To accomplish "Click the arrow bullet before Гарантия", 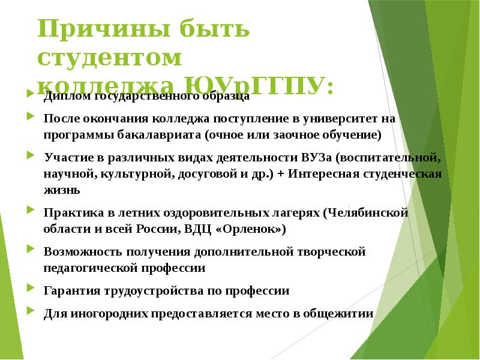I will [x=31, y=290].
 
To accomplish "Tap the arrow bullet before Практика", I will [x=31, y=212].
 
